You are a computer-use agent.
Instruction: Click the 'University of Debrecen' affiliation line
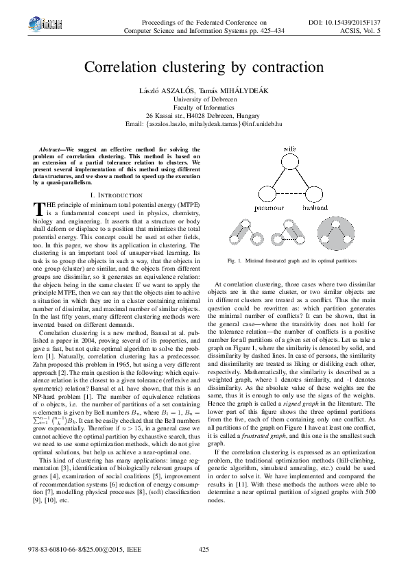[x=204, y=99]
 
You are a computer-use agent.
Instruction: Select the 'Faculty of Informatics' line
[x=204, y=108]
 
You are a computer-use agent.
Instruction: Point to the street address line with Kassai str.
[x=204, y=116]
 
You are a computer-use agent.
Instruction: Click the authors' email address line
[x=204, y=124]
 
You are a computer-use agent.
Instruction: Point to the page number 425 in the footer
[x=204, y=550]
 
